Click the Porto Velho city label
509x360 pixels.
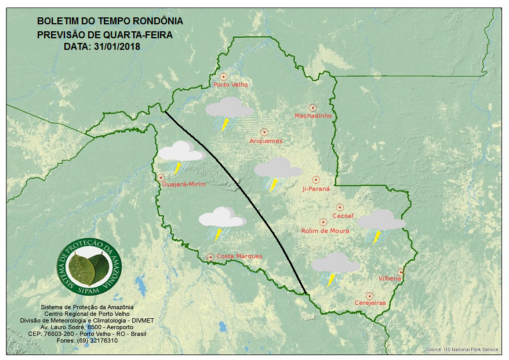231,85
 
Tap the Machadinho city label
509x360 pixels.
313,116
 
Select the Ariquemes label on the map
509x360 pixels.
266,141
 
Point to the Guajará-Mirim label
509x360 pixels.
184,184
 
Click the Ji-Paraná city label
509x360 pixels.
316,189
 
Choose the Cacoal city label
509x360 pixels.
343,216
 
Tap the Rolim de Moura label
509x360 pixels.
325,231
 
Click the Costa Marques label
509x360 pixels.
239,256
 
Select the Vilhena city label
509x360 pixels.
390,279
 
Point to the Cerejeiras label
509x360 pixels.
370,303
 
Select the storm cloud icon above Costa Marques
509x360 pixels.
221,223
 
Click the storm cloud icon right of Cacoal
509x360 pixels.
381,225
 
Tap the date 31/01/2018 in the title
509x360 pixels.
115,46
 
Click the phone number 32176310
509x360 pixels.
103,340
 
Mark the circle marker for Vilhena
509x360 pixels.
401,272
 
